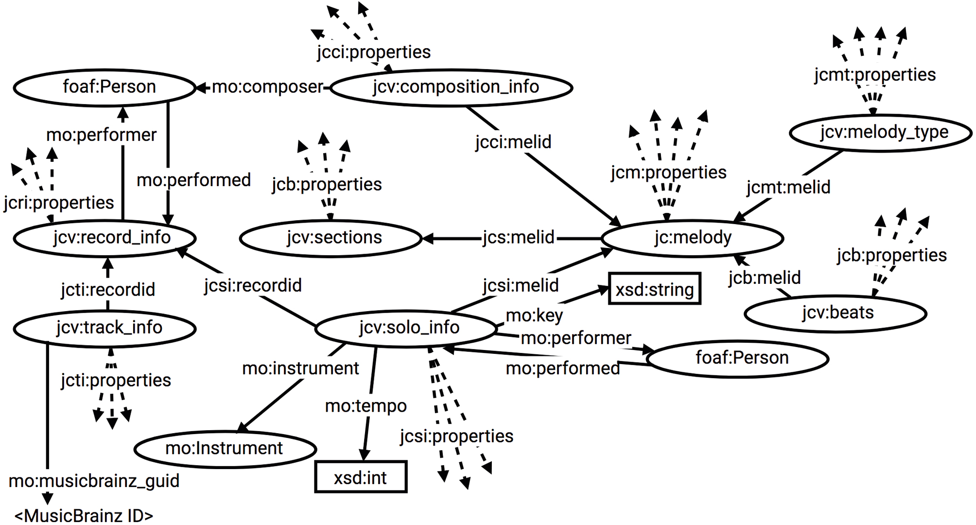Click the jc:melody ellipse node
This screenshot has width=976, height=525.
pos(692,238)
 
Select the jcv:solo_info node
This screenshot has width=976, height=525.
pos(408,328)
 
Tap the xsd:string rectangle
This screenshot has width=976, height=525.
pos(654,290)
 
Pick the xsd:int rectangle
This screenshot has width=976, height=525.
pos(361,477)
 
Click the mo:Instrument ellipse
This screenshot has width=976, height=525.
pos(225,448)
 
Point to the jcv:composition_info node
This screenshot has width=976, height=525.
pos(452,87)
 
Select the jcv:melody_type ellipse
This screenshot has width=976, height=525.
pos(880,132)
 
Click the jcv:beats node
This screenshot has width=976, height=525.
pos(836,313)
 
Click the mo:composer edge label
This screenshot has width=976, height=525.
pos(267,87)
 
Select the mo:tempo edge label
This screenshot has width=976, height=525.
pos(366,405)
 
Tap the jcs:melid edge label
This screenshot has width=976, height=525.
pos(518,238)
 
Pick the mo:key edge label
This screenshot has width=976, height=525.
pos(534,315)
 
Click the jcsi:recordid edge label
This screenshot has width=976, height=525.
pos(253,285)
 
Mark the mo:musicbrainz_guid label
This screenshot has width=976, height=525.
pos(94,481)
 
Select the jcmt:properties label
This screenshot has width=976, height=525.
pos(875,75)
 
